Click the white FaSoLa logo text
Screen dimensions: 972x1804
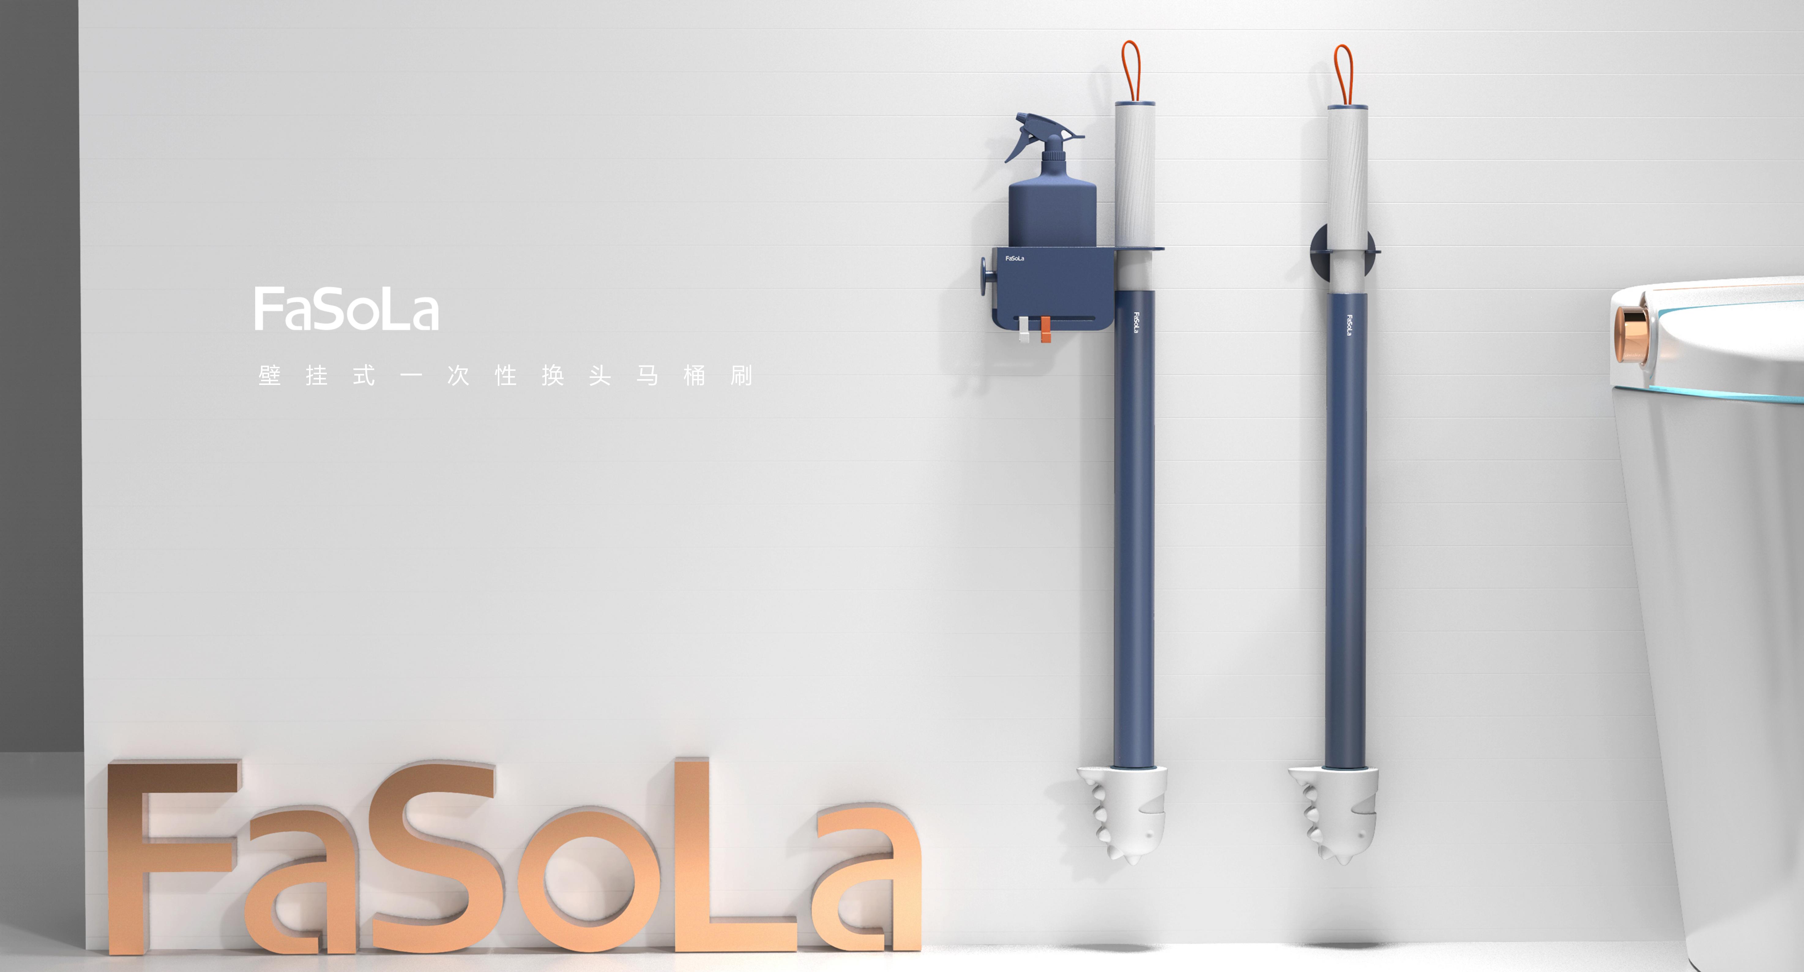pyautogui.click(x=346, y=309)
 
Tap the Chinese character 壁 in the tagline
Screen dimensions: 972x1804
pyautogui.click(x=270, y=376)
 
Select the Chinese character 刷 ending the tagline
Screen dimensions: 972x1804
pyautogui.click(x=741, y=376)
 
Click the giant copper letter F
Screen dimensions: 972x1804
pyautogui.click(x=168, y=855)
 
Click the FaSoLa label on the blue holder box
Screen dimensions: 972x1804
pyautogui.click(x=1015, y=258)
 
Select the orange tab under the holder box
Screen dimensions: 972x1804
pyautogui.click(x=1045, y=330)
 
